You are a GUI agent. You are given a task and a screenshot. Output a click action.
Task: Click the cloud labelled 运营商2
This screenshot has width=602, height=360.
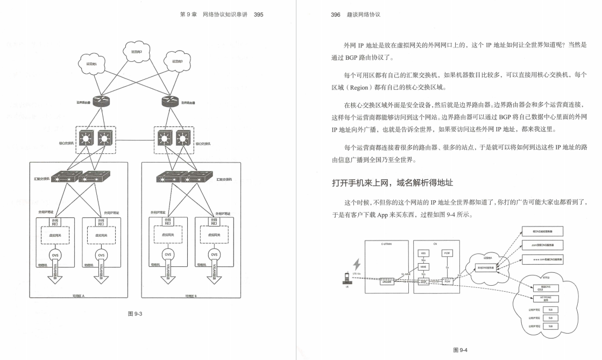point(137,52)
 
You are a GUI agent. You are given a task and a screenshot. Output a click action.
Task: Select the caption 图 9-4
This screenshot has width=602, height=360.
point(461,350)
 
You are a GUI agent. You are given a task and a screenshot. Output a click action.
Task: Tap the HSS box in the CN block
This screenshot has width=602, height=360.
point(424,253)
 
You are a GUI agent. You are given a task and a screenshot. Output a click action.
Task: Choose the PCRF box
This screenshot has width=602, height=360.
point(447,253)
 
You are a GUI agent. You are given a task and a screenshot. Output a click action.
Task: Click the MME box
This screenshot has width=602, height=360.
point(424,267)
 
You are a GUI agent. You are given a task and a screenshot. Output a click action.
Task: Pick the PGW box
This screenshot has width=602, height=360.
point(447,281)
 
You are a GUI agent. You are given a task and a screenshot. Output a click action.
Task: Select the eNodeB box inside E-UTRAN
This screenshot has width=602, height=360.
point(386,281)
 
